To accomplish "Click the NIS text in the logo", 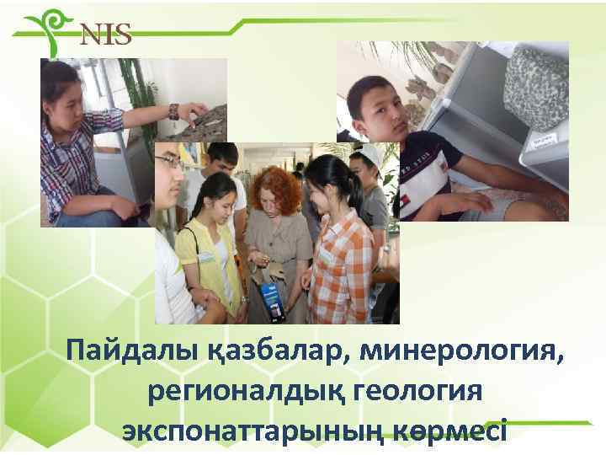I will (x=105, y=35).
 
